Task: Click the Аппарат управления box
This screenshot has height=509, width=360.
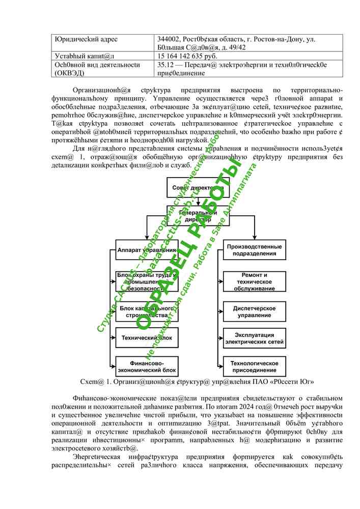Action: coord(147,250)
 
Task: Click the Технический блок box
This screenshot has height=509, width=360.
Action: coord(147,338)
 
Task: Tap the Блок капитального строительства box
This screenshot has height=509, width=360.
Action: coord(147,312)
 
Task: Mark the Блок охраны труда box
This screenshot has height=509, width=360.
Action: coord(147,281)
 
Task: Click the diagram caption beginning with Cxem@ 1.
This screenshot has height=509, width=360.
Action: coord(197,381)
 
